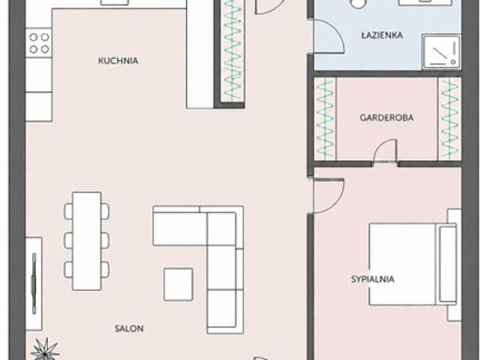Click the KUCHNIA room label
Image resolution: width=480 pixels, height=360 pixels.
(x=118, y=61)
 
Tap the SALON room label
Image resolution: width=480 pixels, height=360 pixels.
(x=129, y=328)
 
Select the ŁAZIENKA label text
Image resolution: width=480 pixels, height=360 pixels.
(x=382, y=34)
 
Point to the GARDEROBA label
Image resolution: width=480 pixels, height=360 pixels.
(x=386, y=118)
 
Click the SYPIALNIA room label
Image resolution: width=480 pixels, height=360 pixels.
(x=373, y=279)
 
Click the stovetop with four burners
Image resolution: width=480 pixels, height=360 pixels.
(x=39, y=43)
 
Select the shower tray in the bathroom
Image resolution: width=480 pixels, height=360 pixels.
(x=441, y=52)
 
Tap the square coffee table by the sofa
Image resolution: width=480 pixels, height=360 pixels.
(x=178, y=284)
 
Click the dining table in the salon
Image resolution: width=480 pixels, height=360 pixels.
(x=87, y=241)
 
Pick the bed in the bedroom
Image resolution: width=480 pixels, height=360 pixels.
(x=413, y=264)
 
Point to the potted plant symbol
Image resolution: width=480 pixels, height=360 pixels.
(x=45, y=349)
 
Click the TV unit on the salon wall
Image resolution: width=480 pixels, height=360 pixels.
(x=34, y=283)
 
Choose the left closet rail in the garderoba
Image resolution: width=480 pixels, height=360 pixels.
(x=325, y=118)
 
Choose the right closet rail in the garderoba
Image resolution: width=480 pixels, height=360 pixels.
(x=450, y=118)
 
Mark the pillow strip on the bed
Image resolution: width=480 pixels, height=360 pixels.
(x=448, y=264)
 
